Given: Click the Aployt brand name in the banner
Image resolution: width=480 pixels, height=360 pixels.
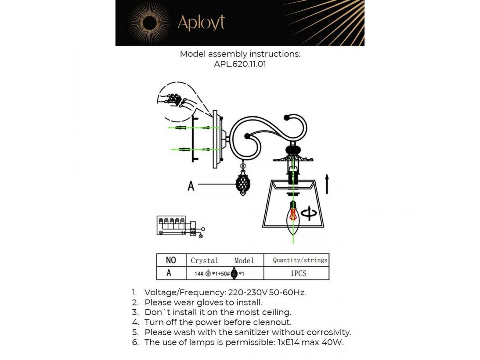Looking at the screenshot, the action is [201, 22].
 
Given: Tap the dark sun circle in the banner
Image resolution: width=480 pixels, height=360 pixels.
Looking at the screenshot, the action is [149, 23].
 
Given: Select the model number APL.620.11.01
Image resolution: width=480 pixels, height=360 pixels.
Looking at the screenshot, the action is [240, 64].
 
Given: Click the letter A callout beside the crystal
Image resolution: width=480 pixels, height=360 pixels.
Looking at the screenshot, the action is [191, 186].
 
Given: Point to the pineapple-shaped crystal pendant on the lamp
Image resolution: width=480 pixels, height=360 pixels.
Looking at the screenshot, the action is [243, 184].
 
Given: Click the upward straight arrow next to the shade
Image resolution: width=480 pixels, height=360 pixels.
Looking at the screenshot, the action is [327, 184].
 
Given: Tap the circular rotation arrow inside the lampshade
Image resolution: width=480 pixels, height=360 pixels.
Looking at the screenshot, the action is [309, 213].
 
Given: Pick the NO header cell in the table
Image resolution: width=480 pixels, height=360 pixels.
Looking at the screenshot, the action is [171, 260].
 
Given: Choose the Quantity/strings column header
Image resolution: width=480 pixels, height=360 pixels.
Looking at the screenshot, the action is [300, 260].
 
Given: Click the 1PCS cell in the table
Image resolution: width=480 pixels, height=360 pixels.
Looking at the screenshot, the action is [298, 273].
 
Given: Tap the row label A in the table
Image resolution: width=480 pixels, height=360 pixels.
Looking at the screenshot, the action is [169, 273].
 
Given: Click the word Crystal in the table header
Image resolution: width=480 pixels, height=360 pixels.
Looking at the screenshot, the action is [204, 260].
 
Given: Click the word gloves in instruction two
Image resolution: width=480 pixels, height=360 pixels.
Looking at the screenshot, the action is [210, 302].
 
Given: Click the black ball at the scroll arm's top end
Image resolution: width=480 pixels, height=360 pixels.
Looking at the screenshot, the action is [286, 118].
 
